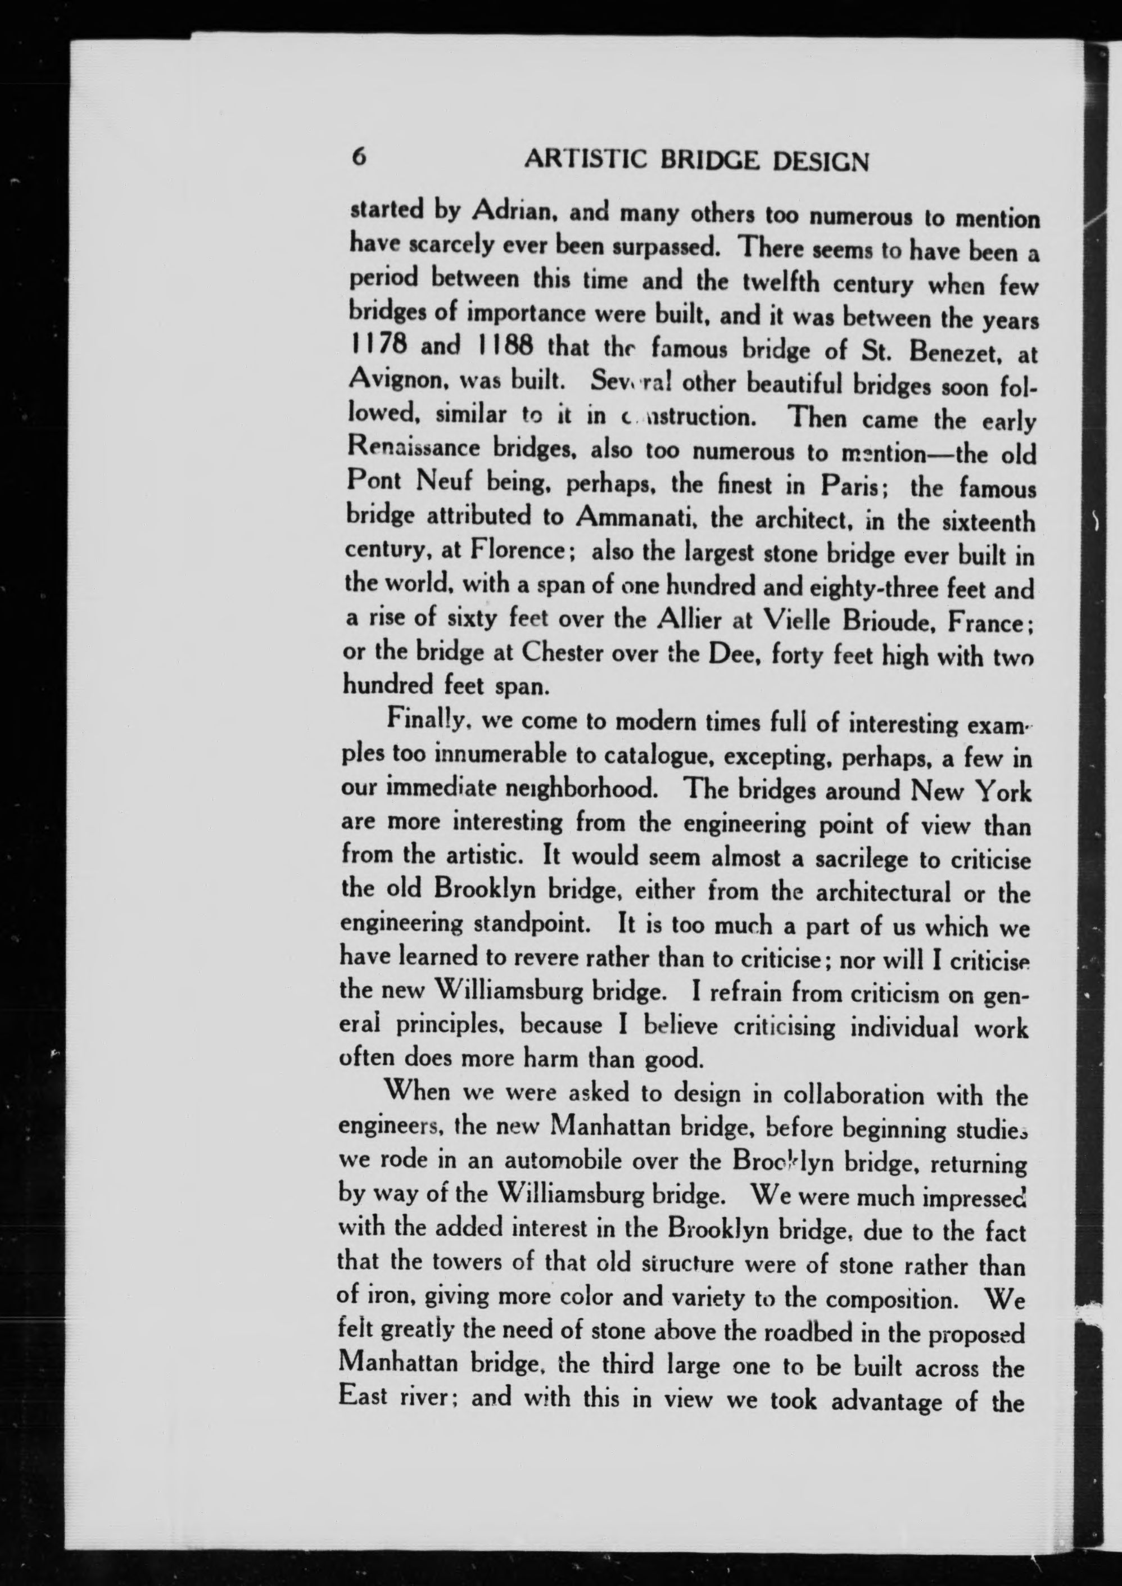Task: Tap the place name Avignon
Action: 390,378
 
